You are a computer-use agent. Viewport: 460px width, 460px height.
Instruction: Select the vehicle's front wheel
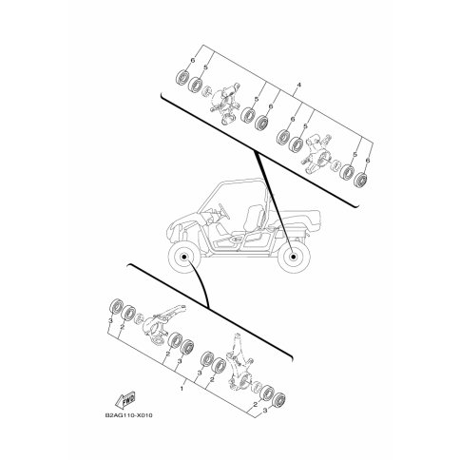tap(181, 258)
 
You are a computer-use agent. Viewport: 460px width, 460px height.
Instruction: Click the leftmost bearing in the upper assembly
tap(180, 80)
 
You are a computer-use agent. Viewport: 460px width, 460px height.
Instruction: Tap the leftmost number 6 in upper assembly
tap(193, 59)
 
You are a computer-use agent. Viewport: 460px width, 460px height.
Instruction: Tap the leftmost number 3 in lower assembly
tap(109, 323)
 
